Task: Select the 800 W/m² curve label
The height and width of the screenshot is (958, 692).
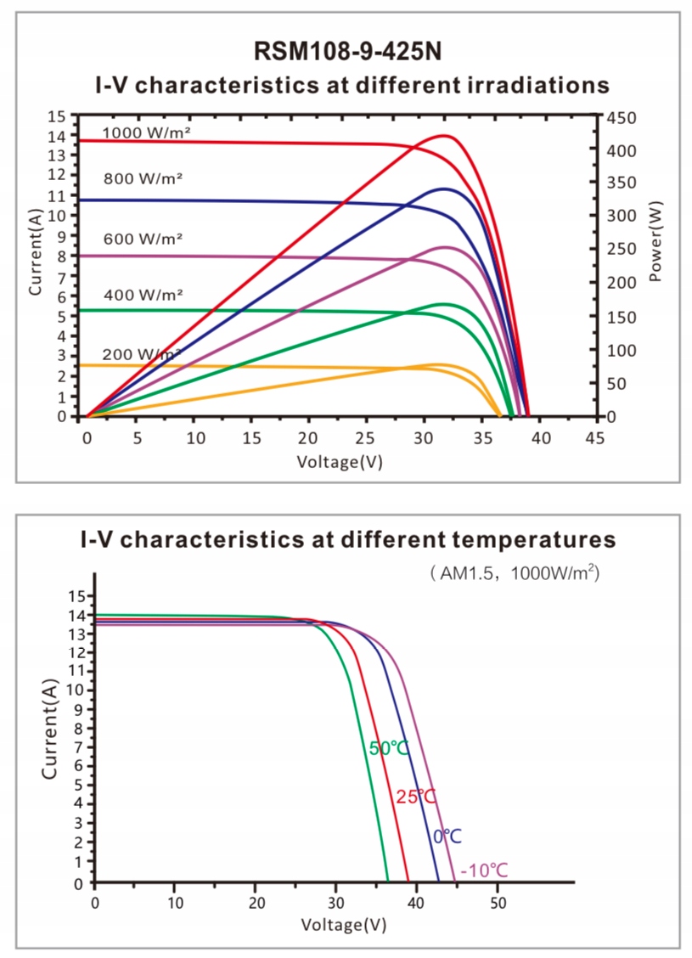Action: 143,179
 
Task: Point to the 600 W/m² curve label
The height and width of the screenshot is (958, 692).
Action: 143,239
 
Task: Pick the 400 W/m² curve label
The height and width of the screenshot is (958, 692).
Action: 143,296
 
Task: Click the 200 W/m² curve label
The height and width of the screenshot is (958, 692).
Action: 141,354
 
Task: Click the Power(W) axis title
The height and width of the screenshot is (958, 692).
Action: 658,241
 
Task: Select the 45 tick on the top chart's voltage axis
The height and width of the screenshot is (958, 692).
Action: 596,437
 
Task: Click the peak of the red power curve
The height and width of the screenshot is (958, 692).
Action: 444,136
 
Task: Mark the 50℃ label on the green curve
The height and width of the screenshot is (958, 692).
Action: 389,748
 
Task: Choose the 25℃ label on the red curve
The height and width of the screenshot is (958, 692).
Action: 416,797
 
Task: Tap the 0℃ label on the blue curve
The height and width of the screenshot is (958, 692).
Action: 447,837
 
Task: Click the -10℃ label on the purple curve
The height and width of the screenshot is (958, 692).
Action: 484,871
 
